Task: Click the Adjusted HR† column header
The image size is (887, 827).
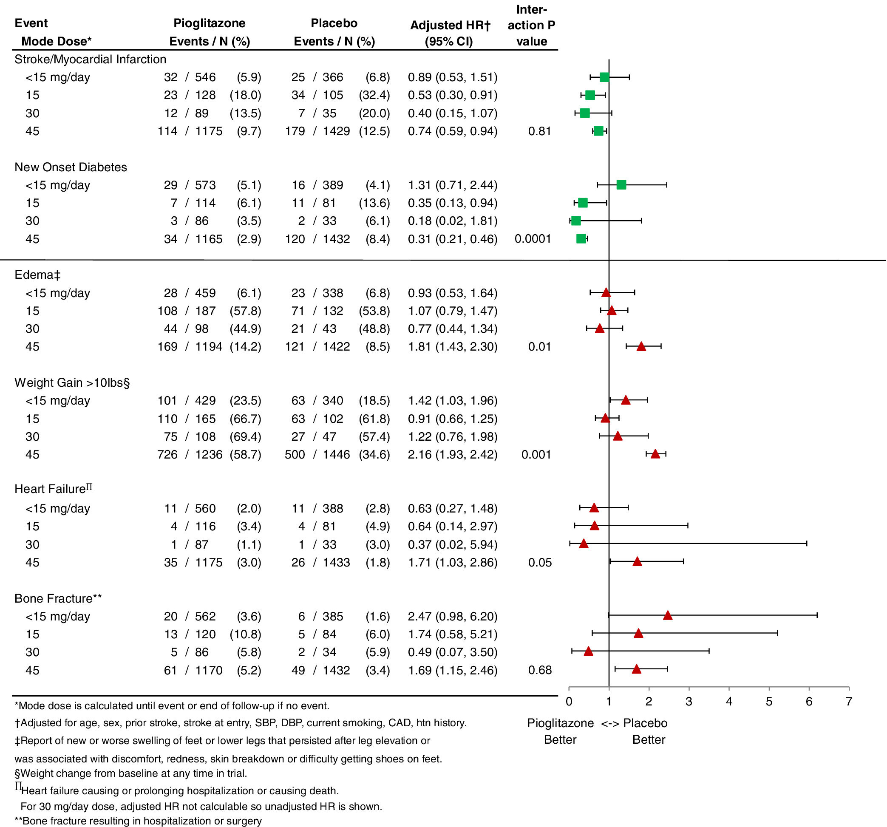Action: pos(450,25)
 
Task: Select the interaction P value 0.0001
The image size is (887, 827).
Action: pos(532,239)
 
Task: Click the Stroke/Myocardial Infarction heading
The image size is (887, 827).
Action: pos(90,59)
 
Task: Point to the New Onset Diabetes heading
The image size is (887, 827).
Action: pos(71,167)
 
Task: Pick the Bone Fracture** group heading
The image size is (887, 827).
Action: pos(58,598)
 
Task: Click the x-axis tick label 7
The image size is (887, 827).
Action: pos(849,702)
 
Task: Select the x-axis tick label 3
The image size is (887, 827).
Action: pos(689,702)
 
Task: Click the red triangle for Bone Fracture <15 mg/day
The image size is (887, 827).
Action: pos(667,615)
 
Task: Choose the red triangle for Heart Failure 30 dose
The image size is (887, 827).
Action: pos(583,544)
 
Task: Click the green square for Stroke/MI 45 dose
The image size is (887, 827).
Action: pos(598,131)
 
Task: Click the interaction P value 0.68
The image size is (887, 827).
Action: pos(540,670)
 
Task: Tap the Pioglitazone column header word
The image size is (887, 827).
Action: pos(209,23)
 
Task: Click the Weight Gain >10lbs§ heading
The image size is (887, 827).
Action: pos(72,383)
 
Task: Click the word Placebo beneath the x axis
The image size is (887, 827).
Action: pos(645,723)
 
